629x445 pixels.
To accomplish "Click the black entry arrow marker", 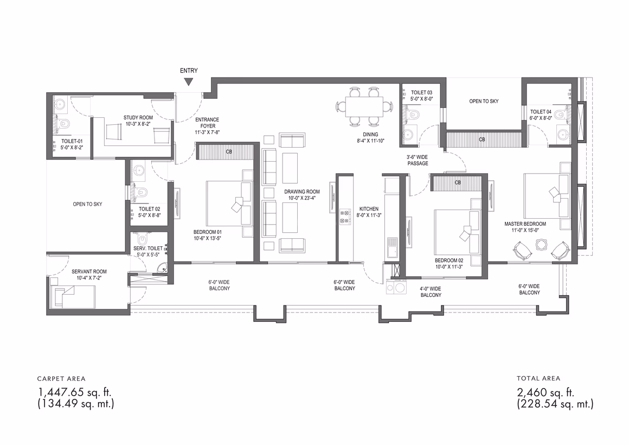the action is click(x=189, y=82).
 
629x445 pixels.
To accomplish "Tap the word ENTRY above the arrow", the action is click(x=189, y=71).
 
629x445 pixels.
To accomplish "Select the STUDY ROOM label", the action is click(x=138, y=118).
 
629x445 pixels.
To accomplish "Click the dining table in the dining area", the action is click(x=364, y=106).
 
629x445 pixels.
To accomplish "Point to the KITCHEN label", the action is click(x=369, y=209).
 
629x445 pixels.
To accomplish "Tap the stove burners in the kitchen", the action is click(x=345, y=217).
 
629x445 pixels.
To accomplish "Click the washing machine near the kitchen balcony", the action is click(x=395, y=287).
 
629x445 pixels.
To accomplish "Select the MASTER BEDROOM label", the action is click(x=525, y=224).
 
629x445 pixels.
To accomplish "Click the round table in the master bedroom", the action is click(x=542, y=245).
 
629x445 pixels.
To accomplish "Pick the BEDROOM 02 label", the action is click(x=449, y=260).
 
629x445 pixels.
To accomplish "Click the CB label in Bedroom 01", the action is click(x=229, y=152).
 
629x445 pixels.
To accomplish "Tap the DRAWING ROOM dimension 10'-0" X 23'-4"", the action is click(x=301, y=198).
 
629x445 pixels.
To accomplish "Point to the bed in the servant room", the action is click(x=73, y=297).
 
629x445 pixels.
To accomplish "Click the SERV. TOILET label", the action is click(x=148, y=249).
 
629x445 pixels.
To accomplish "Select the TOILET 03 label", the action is click(x=422, y=92).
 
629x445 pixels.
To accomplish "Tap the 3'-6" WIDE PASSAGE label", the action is click(x=418, y=160).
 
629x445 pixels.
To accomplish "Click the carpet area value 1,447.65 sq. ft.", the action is click(x=74, y=392).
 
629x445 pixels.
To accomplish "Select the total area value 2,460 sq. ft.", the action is click(x=545, y=392).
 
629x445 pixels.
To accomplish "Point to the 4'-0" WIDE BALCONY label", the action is click(x=431, y=292).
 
